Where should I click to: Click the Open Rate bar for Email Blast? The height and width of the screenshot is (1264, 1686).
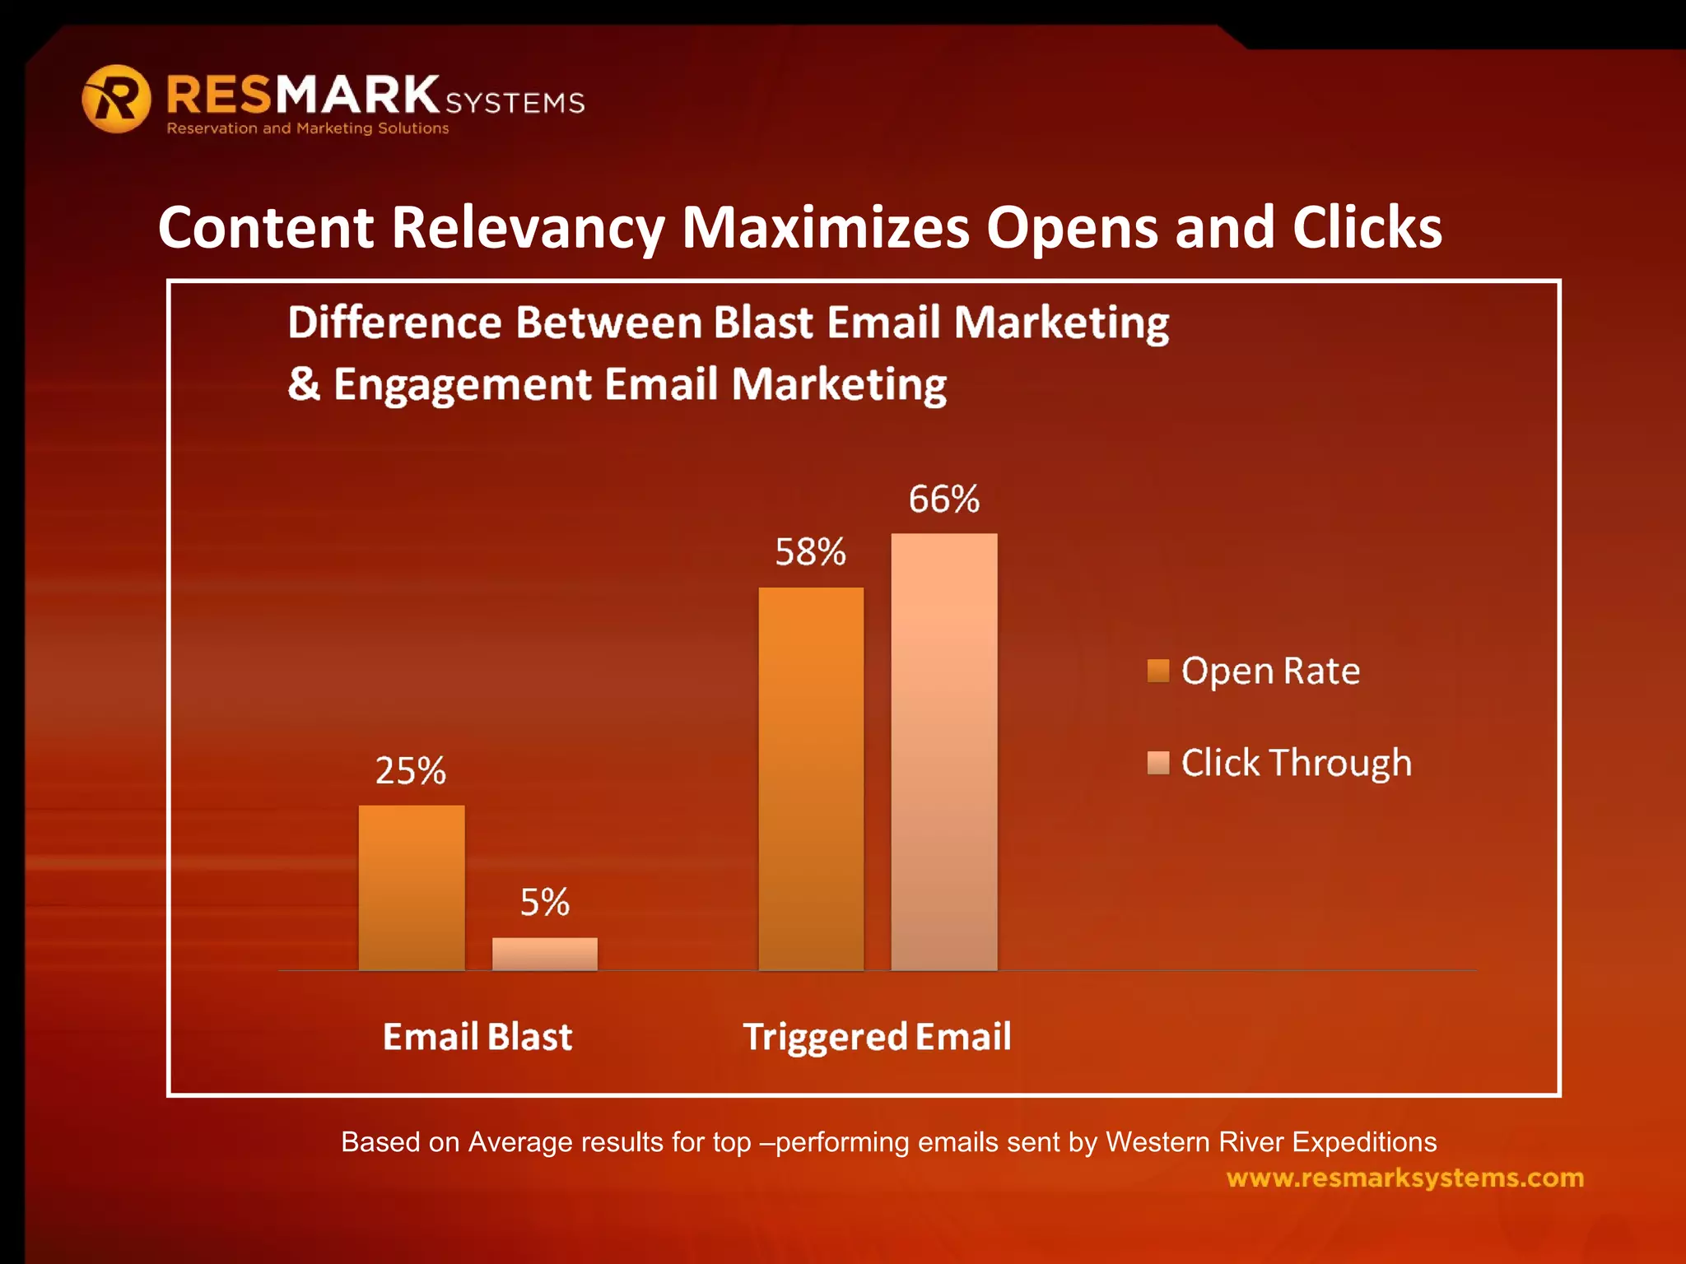point(412,888)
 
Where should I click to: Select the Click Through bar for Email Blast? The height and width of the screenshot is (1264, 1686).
point(545,954)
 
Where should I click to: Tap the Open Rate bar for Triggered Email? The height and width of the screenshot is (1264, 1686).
point(811,778)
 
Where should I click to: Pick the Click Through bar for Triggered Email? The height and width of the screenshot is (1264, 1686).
point(944,751)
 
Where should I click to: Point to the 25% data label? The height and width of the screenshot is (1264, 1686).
point(411,771)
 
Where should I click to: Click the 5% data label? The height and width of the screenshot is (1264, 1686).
point(545,903)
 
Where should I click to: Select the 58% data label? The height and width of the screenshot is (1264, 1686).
point(811,552)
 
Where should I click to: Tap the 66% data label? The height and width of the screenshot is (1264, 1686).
point(944,500)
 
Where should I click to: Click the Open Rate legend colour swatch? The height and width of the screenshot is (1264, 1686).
point(1158,671)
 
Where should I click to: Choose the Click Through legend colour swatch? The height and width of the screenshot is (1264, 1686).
point(1158,763)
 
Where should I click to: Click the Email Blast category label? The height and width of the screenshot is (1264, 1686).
point(477,1037)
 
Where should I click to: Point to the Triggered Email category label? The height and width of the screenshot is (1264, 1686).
point(877,1037)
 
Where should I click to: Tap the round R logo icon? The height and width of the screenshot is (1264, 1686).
point(117,99)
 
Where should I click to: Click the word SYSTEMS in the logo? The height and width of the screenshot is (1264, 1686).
point(515,103)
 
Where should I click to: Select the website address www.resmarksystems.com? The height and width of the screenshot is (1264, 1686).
point(1404,1178)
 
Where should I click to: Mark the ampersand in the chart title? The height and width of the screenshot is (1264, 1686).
point(304,384)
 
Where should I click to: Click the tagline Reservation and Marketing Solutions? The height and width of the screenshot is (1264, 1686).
point(308,128)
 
